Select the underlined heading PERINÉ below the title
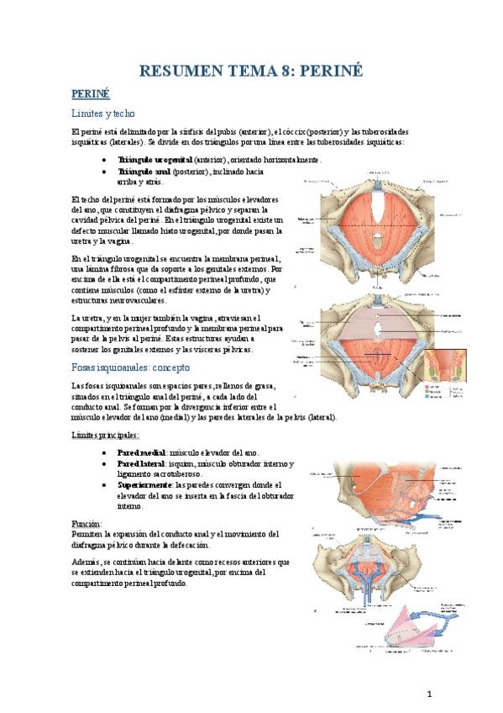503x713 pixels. point(90,94)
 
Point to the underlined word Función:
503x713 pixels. point(87,523)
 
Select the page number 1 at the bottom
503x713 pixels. point(428,695)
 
